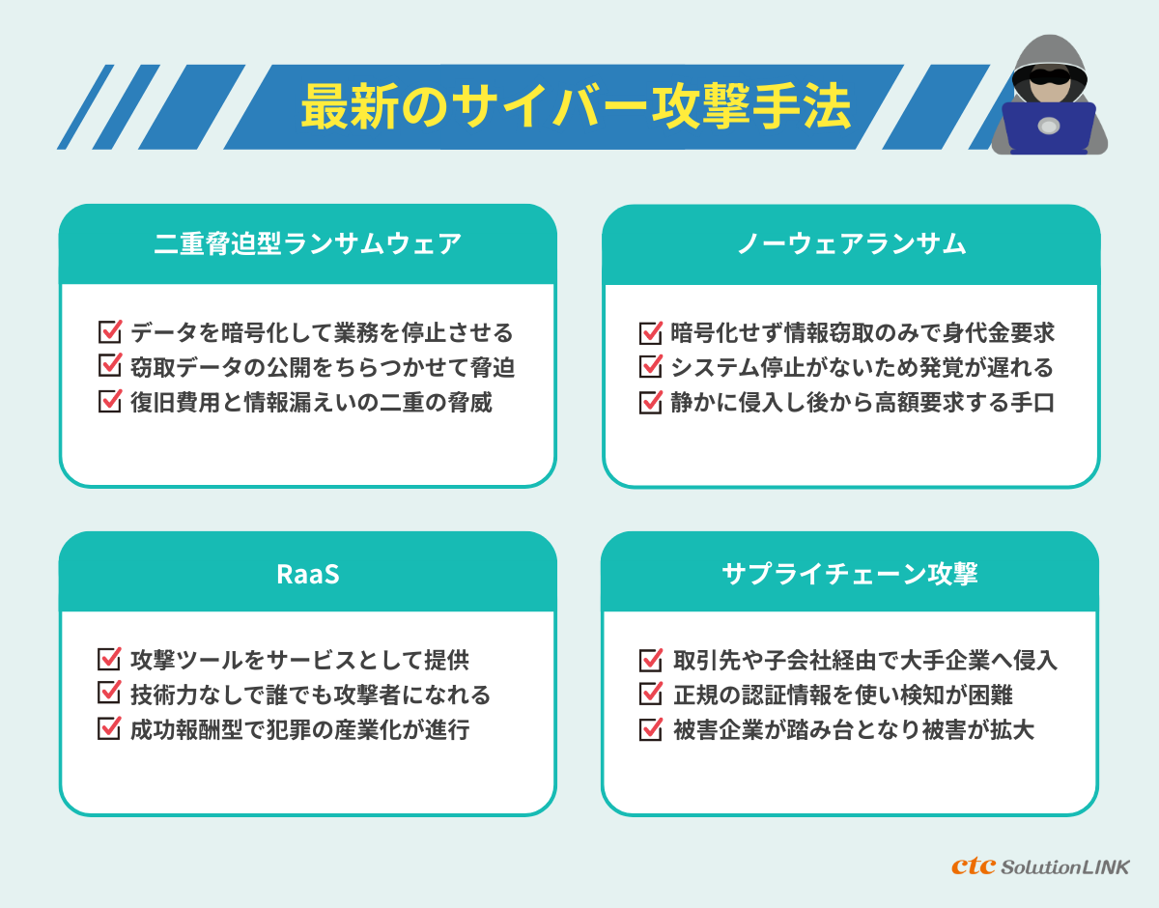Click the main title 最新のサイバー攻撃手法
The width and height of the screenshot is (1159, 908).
tap(576, 107)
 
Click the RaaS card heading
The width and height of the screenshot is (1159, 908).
tap(307, 574)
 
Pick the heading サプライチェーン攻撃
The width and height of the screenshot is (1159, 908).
tap(850, 574)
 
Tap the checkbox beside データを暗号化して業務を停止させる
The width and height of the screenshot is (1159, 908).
tap(109, 333)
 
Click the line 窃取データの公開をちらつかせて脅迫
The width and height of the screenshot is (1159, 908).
tap(322, 368)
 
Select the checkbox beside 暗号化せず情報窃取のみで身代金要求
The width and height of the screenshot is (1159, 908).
tap(651, 333)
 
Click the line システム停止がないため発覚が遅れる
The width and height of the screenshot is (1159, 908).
tap(862, 368)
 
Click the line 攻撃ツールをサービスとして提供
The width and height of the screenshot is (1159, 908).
tap(299, 661)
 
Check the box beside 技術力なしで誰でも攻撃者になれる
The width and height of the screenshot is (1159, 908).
tap(109, 695)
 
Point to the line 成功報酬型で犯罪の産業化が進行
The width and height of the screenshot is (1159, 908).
tap(299, 729)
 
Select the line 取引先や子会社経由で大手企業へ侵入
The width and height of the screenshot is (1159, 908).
tap(864, 661)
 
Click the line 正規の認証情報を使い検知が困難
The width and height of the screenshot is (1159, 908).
tap(841, 695)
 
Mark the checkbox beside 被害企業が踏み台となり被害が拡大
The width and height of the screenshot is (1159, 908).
tap(651, 729)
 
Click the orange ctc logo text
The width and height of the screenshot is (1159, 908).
tap(973, 865)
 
